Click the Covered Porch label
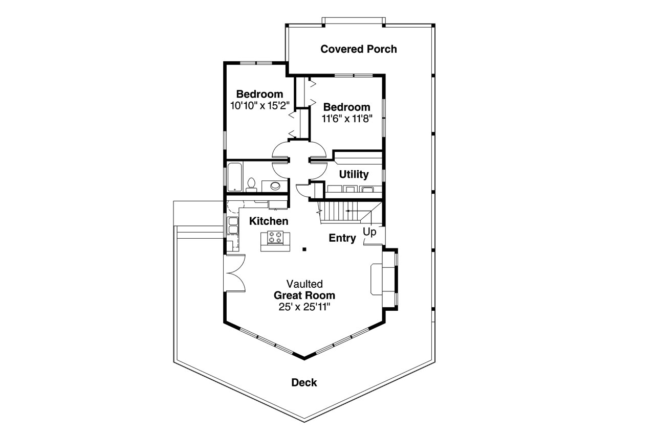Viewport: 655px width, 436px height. tap(358, 49)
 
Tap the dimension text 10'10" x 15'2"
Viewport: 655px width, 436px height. tap(260, 106)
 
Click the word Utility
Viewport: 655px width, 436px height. tap(354, 174)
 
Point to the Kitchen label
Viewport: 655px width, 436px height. tap(269, 221)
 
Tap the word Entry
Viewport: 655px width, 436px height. tap(342, 238)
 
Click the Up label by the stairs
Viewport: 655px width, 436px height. tap(369, 232)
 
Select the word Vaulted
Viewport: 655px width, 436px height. tap(304, 284)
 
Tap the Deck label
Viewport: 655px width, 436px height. tap(304, 382)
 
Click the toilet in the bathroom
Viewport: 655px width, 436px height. tap(251, 185)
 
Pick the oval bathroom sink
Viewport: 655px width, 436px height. tap(275, 186)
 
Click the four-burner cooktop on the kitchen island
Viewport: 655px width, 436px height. tap(275, 238)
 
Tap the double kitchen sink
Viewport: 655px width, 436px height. tap(232, 225)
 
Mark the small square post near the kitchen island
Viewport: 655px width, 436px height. tap(304, 249)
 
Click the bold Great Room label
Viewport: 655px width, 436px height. tap(304, 295)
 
